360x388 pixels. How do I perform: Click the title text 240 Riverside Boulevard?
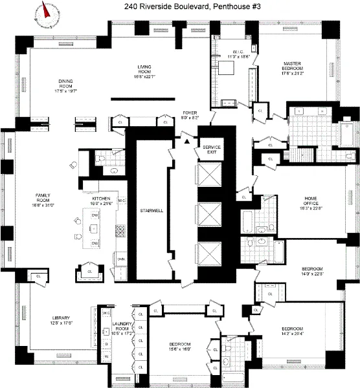pos(180,7)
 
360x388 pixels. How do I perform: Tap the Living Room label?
pos(144,69)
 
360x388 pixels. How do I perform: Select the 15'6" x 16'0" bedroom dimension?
pos(181,348)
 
